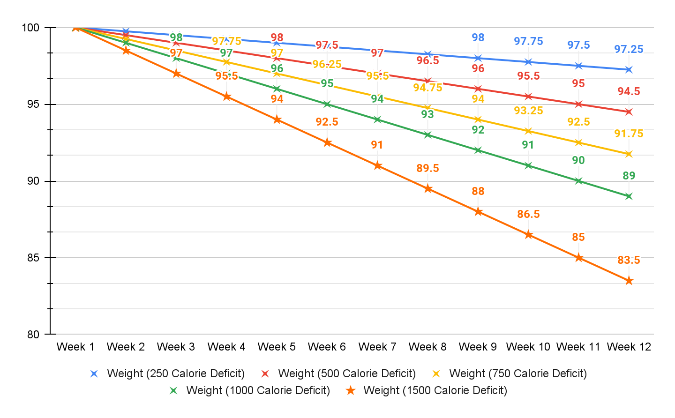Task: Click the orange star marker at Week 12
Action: (629, 281)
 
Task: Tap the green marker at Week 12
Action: (629, 196)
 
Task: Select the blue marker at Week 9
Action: (478, 58)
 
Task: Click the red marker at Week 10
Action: (528, 97)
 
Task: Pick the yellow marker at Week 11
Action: (578, 142)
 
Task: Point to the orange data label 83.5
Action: (629, 260)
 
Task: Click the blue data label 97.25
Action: (629, 49)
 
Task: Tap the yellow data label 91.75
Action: (629, 134)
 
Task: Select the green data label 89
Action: (629, 176)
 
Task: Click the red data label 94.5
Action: (629, 91)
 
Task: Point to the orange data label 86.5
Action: (528, 214)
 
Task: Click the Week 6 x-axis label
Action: (327, 347)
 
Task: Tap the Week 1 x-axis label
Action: (75, 347)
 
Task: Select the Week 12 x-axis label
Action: (629, 347)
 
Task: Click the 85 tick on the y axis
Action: (33, 258)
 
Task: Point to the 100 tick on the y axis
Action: (30, 28)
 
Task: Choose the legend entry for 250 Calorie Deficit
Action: (175, 373)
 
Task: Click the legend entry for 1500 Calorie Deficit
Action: (435, 390)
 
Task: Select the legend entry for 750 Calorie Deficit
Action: (517, 373)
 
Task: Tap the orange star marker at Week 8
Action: (427, 189)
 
